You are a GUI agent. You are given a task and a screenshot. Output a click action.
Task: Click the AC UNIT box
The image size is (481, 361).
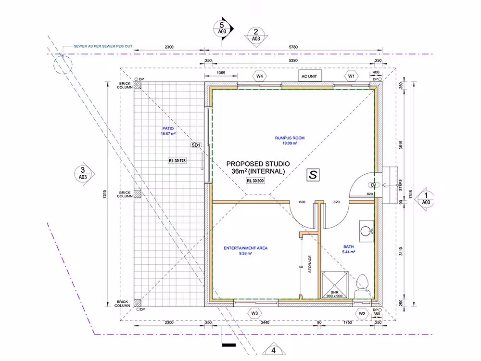coord(310,76)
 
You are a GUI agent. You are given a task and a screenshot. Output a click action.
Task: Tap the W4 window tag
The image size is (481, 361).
coord(260,76)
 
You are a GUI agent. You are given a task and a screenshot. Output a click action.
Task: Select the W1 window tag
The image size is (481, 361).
coord(351,76)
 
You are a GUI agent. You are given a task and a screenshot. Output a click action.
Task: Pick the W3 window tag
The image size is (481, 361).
coord(254,313)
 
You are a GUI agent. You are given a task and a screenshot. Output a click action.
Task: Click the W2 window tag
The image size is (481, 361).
coord(362,314)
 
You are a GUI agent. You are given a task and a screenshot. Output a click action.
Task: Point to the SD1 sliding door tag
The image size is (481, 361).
coord(196,145)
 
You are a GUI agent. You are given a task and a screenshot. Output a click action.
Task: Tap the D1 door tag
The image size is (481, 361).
coord(374,185)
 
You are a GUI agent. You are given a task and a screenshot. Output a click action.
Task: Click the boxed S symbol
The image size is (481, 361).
coord(313,175)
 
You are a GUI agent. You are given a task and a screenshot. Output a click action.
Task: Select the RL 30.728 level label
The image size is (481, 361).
coord(177,161)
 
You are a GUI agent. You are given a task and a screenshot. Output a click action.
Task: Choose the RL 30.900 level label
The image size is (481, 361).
coord(255,181)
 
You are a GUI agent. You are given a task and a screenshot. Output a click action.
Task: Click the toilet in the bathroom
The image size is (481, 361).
coord(363,286)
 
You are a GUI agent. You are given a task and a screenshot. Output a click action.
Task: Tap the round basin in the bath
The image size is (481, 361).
coord(366,231)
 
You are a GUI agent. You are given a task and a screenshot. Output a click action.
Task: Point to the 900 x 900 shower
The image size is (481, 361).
coord(334,284)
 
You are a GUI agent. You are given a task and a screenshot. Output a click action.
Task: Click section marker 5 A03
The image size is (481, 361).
coord(222,28)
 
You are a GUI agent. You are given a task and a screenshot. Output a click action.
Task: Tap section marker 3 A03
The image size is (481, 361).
coord(83,173)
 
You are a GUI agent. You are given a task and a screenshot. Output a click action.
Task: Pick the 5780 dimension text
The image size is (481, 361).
coord(293,47)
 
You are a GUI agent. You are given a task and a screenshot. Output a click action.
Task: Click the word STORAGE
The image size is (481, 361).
coord(310,264)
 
